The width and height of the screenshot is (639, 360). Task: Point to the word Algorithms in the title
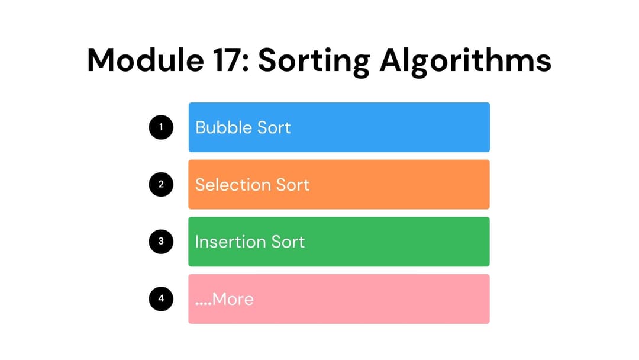pos(466,61)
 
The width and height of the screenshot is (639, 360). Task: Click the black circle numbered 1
pos(161,127)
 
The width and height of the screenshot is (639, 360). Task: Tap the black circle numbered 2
pos(161,184)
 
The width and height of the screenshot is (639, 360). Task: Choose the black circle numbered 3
pos(161,242)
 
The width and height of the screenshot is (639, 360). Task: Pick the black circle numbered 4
pos(161,299)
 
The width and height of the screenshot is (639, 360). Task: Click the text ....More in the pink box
pos(224,299)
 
